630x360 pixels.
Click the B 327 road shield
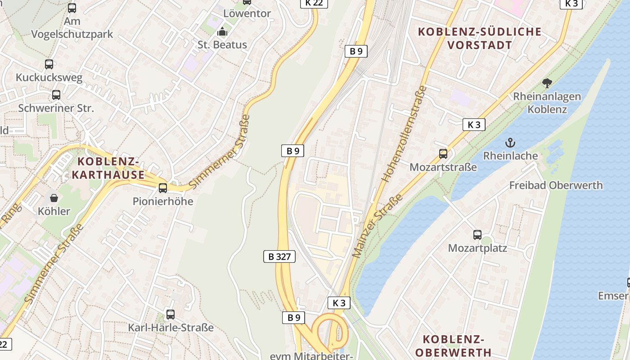pyautogui.click(x=279, y=256)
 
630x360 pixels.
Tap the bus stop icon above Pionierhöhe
pyautogui.click(x=163, y=188)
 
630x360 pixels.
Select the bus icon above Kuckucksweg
pyautogui.click(x=49, y=64)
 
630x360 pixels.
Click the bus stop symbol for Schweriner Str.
pyautogui.click(x=56, y=95)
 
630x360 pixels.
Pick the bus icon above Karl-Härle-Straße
pyautogui.click(x=170, y=314)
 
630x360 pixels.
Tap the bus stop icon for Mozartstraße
pyautogui.click(x=443, y=154)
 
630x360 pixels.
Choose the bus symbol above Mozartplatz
pyautogui.click(x=477, y=234)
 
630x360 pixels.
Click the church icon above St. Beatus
pyautogui.click(x=222, y=32)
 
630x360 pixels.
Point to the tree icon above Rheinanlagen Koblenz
pyautogui.click(x=547, y=83)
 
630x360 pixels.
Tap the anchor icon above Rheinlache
pyautogui.click(x=510, y=143)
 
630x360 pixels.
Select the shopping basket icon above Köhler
pyautogui.click(x=54, y=198)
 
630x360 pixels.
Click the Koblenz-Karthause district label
pyautogui.click(x=108, y=168)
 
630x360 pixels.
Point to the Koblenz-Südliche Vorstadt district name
pyautogui.click(x=480, y=38)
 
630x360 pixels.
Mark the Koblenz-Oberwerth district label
pyautogui.click(x=454, y=345)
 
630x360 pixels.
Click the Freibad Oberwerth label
pyautogui.click(x=556, y=185)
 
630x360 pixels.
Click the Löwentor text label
pyautogui.click(x=247, y=13)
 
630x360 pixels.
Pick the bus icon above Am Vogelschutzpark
pyautogui.click(x=72, y=8)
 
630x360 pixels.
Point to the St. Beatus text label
pyautogui.click(x=222, y=45)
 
